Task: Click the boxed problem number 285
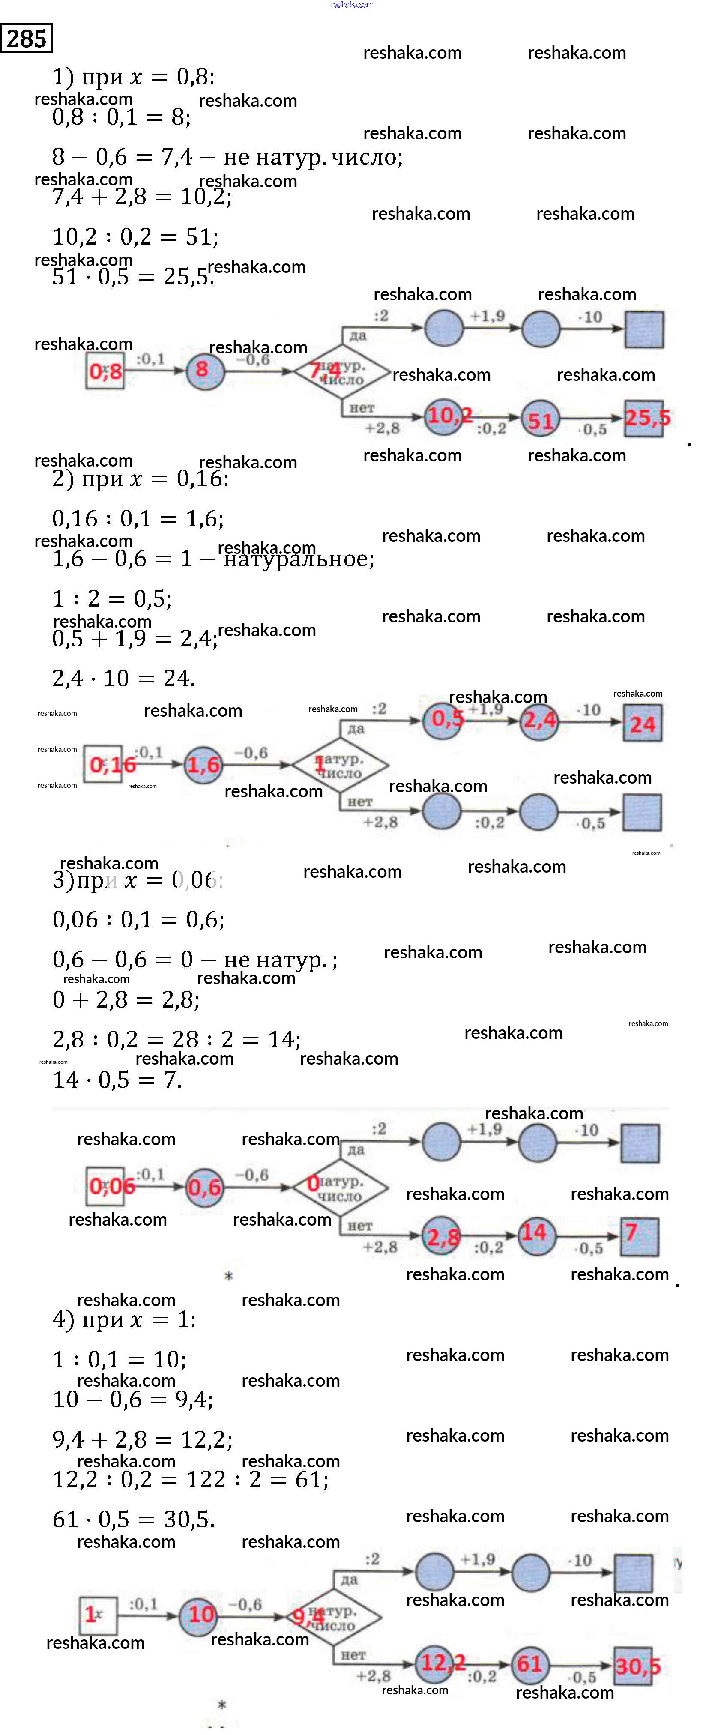click(x=26, y=39)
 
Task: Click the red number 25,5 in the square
click(x=645, y=418)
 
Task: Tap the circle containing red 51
click(x=540, y=419)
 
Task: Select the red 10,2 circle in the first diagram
click(x=446, y=416)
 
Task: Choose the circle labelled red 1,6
click(x=203, y=764)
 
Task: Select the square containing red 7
click(x=638, y=1235)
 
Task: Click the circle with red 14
click(x=535, y=1233)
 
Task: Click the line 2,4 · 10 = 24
click(x=124, y=678)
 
